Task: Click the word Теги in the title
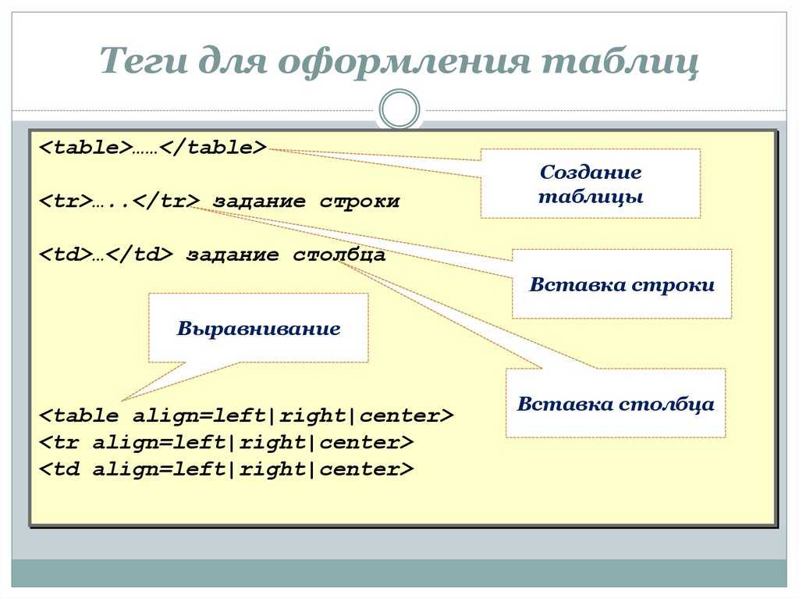(144, 61)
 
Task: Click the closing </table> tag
(213, 148)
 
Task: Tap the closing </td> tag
(140, 254)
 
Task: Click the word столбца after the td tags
(339, 255)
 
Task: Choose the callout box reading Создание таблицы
(591, 184)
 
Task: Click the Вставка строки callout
(622, 284)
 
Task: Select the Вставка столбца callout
(616, 403)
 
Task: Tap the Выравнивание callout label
(258, 328)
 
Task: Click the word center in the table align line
(399, 415)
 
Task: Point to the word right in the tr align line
(272, 443)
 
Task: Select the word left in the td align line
(199, 469)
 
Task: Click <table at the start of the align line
(79, 415)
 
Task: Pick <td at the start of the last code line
(59, 469)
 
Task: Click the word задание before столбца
(233, 255)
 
